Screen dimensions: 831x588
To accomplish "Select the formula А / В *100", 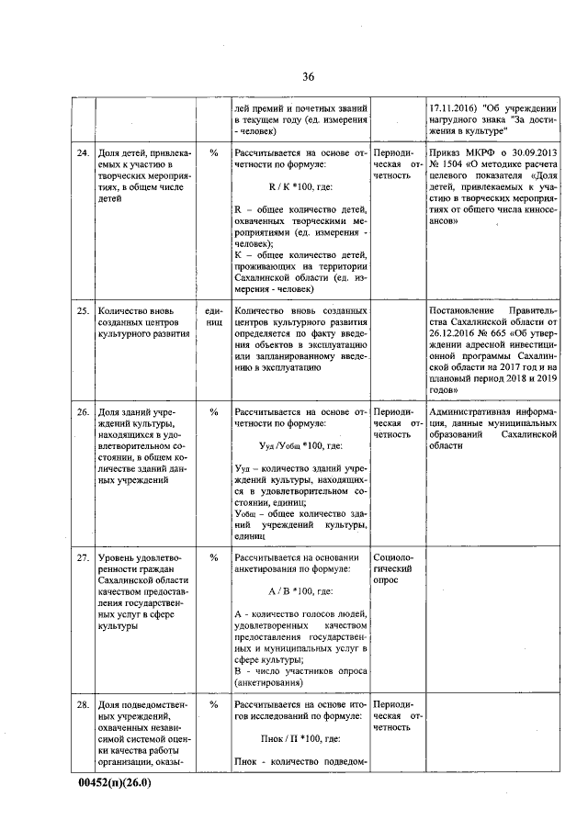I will pyautogui.click(x=298, y=591).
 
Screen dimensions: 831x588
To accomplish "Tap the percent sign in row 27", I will pyautogui.click(x=213, y=557).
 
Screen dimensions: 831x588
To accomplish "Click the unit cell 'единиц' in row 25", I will pyautogui.click(x=214, y=317).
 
